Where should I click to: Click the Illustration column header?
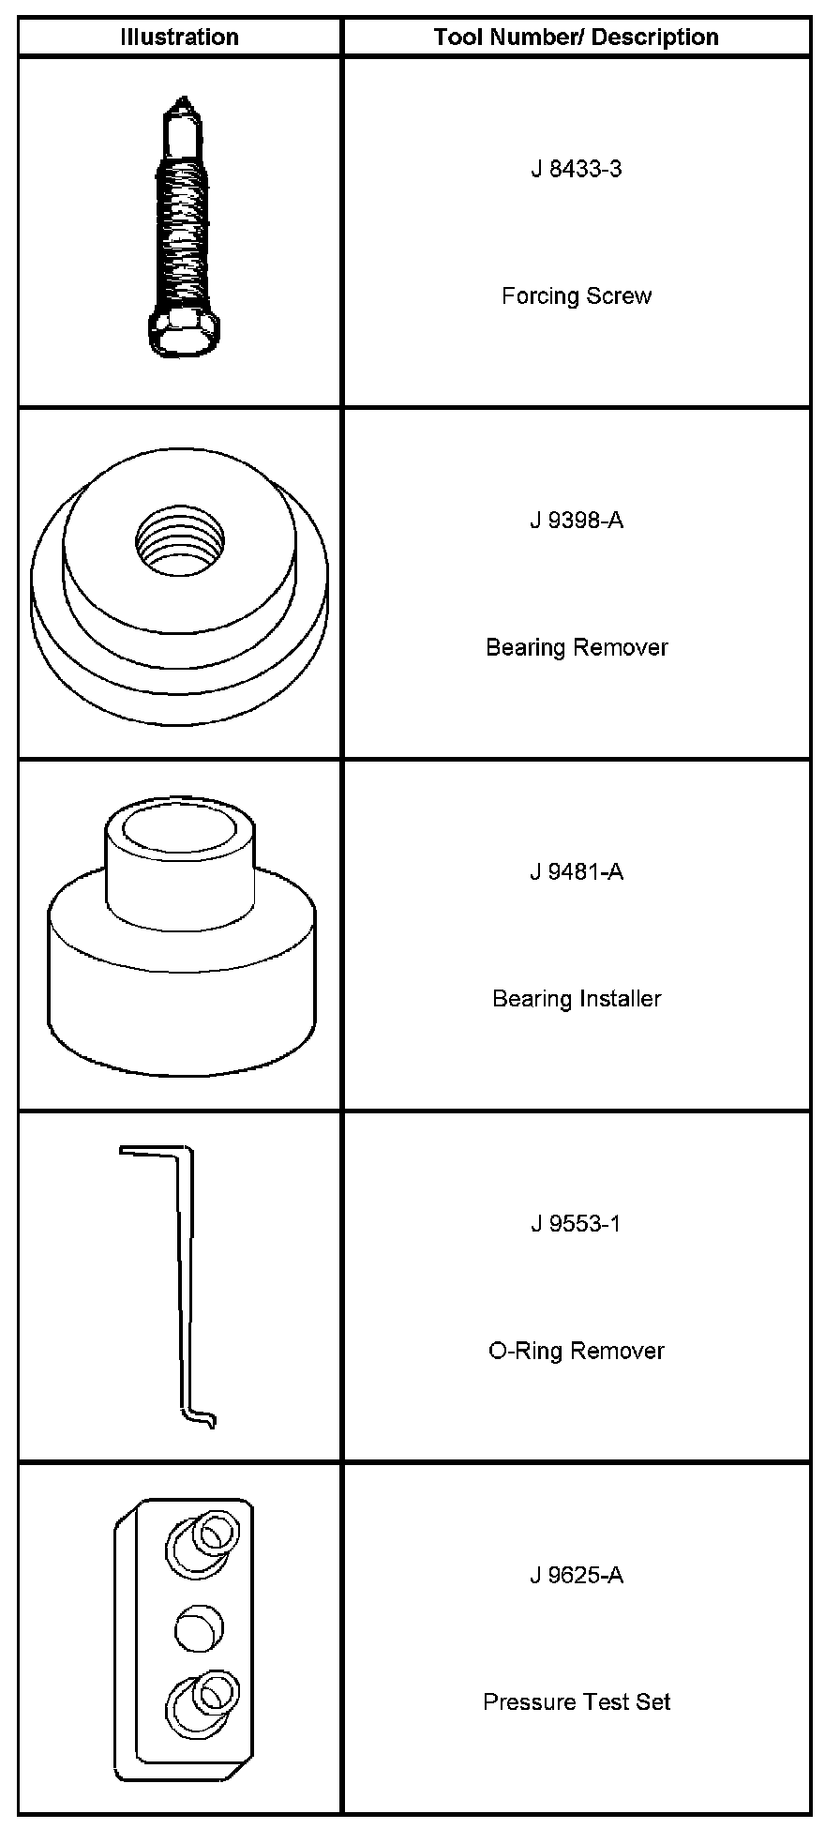click(x=179, y=38)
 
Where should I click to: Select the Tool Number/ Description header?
click(x=576, y=38)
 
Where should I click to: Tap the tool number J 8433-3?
click(x=576, y=170)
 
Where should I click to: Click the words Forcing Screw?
click(x=576, y=296)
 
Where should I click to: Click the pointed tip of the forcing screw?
click(x=184, y=101)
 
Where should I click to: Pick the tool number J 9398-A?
click(x=576, y=521)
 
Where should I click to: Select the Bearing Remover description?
click(x=576, y=647)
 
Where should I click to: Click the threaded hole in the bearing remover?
click(x=180, y=541)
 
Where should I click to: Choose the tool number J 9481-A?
click(x=576, y=872)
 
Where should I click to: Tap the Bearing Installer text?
click(x=576, y=999)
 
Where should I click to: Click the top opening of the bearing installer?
click(x=180, y=832)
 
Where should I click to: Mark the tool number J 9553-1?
click(x=576, y=1224)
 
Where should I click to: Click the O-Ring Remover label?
click(x=576, y=1351)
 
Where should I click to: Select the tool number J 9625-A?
click(x=576, y=1576)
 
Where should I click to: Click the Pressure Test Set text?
click(x=576, y=1702)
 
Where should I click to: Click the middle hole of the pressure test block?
click(x=199, y=1627)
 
